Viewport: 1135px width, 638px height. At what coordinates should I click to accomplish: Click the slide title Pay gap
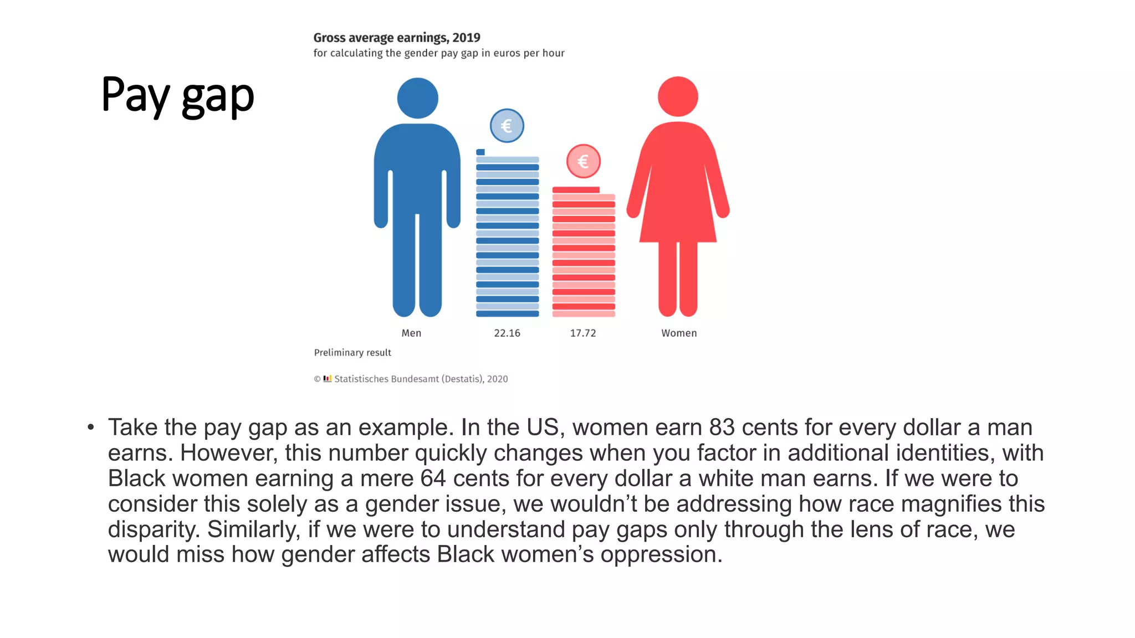coord(177,95)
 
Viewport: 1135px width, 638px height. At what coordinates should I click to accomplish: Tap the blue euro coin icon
coord(507,126)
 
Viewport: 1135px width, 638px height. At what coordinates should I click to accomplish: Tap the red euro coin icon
coord(583,161)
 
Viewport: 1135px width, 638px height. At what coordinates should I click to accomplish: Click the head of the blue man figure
coord(417,98)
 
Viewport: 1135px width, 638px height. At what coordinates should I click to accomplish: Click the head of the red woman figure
coord(678,96)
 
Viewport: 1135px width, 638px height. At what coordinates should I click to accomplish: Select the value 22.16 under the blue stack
coord(507,333)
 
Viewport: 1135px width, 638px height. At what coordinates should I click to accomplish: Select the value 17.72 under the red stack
coord(583,333)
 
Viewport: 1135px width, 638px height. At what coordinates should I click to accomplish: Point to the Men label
coord(411,333)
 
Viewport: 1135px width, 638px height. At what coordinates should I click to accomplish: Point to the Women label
coord(679,333)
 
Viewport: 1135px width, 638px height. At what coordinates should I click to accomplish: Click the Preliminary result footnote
coord(352,353)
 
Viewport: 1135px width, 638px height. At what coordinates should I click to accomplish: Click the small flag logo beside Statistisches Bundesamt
coord(328,379)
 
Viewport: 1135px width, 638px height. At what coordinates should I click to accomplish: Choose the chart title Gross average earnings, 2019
coord(397,38)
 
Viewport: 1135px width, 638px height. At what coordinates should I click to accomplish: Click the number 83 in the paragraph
coord(722,428)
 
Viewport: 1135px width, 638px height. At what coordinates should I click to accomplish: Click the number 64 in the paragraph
coord(433,478)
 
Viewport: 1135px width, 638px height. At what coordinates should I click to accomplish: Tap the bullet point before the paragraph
coord(91,428)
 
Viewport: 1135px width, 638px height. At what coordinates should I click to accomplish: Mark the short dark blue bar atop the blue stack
coord(480,152)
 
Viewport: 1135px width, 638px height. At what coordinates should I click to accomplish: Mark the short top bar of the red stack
coord(576,190)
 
